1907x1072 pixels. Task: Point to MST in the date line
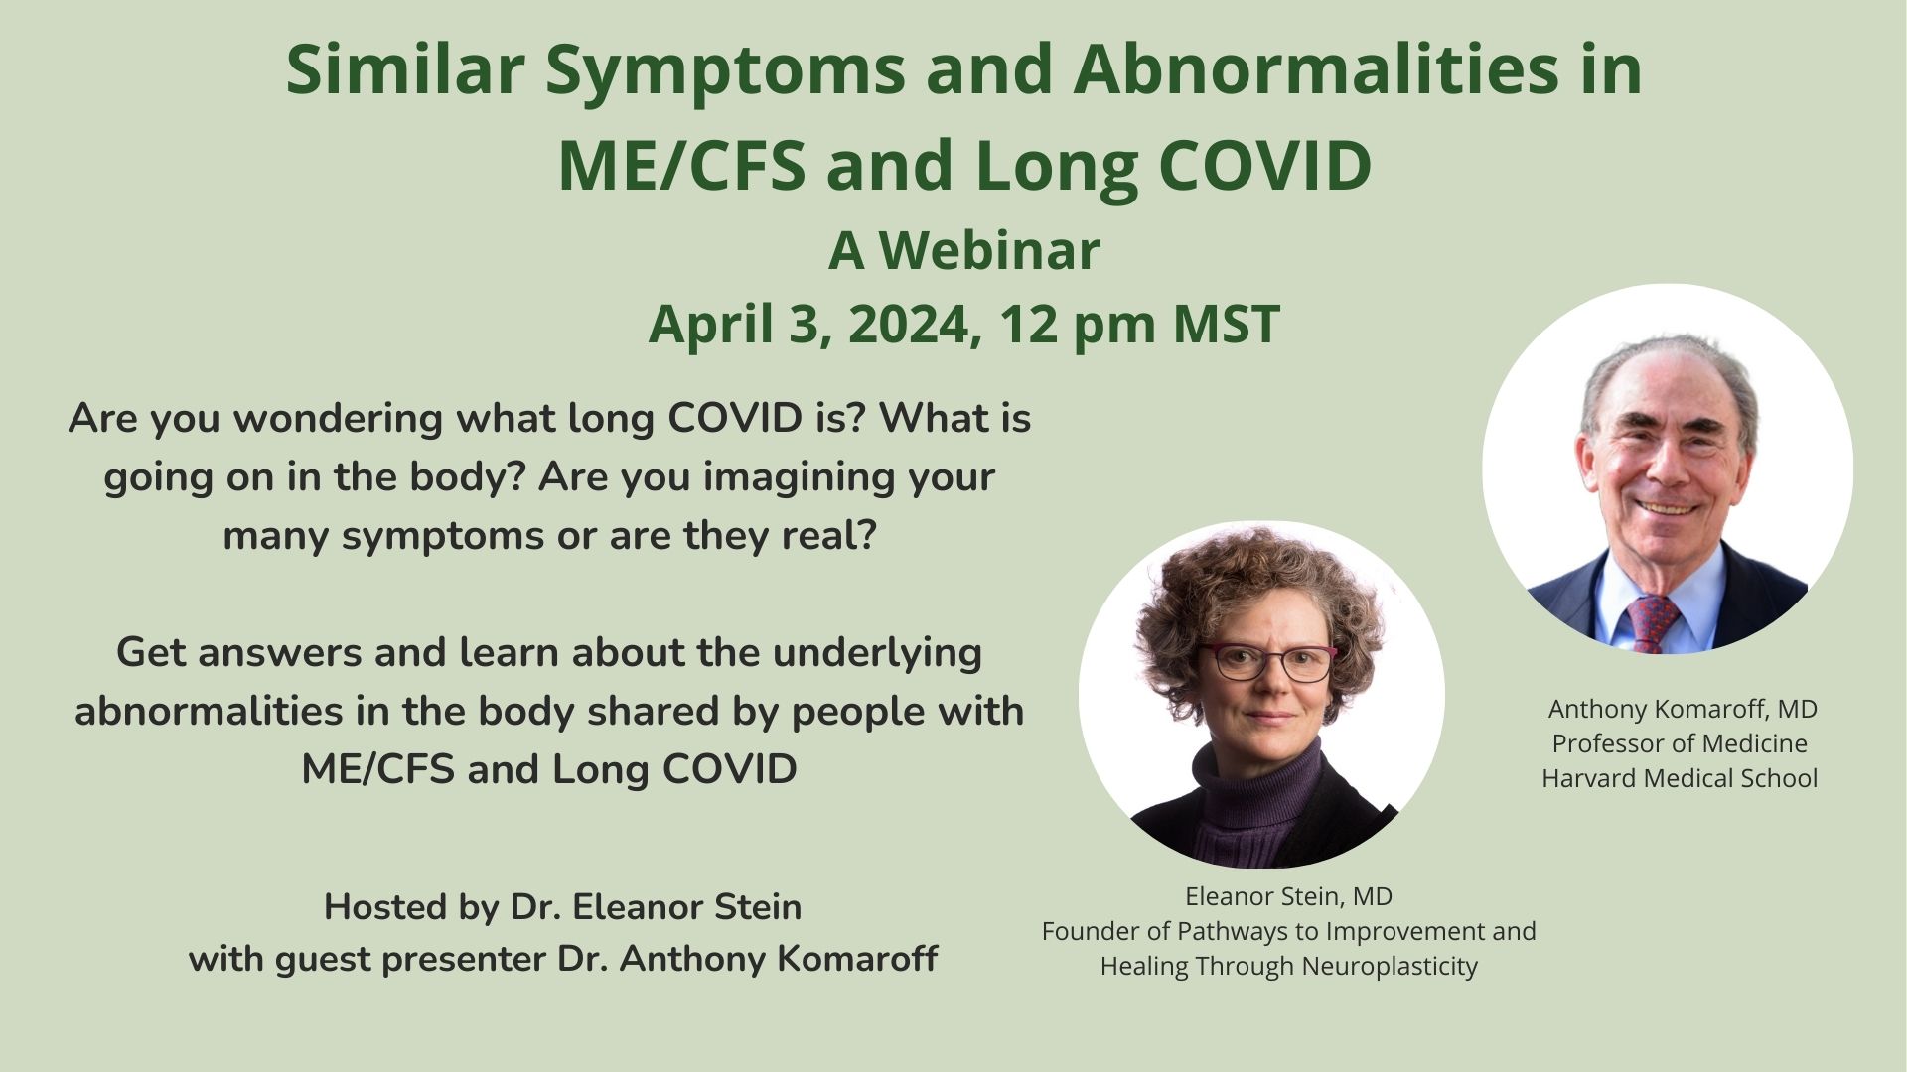click(1226, 324)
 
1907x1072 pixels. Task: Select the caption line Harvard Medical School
click(1680, 778)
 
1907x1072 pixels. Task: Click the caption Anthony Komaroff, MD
click(1683, 709)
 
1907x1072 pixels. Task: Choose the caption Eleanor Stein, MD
click(1288, 896)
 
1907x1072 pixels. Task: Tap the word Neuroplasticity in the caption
click(1390, 966)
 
